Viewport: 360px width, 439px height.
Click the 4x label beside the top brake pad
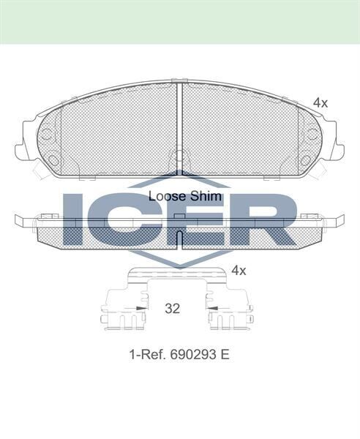(320, 103)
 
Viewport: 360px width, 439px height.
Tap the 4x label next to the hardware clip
(239, 270)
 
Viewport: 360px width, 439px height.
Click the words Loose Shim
(179, 196)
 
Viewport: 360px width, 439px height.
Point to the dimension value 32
(172, 309)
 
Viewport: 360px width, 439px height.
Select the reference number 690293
(194, 354)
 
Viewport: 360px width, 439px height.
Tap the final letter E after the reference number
(225, 354)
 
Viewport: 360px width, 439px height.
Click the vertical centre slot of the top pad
(180, 128)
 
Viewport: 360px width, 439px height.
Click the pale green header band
(180, 21)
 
